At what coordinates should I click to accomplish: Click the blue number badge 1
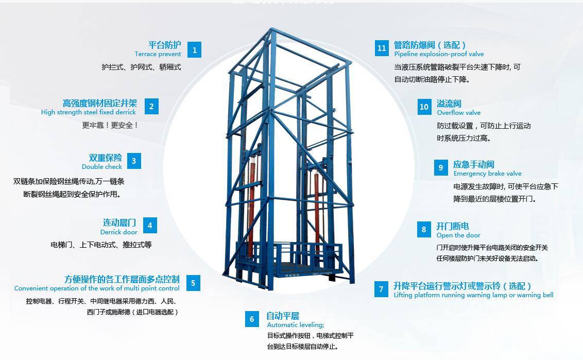[x=194, y=50]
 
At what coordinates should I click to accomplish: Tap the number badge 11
[x=382, y=48]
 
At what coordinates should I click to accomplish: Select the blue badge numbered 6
[x=252, y=319]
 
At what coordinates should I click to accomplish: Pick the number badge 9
[x=441, y=168]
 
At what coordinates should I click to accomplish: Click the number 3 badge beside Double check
[x=134, y=161]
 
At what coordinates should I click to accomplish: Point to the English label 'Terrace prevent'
[x=158, y=54]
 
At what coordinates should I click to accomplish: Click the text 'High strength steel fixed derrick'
[x=89, y=112]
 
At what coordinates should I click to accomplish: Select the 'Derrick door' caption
[x=119, y=232]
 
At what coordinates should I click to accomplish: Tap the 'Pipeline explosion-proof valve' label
[x=439, y=54]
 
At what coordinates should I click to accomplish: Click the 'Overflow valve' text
[x=458, y=113]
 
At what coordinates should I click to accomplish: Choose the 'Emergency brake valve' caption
[x=487, y=174]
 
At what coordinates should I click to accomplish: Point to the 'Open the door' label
[x=458, y=235]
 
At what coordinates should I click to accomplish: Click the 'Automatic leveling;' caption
[x=295, y=325]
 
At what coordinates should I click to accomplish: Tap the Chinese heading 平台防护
[x=165, y=45]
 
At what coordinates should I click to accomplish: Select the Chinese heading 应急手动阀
[x=473, y=164]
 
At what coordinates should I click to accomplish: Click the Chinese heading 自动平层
[x=282, y=316]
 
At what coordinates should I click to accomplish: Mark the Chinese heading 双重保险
[x=106, y=158]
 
